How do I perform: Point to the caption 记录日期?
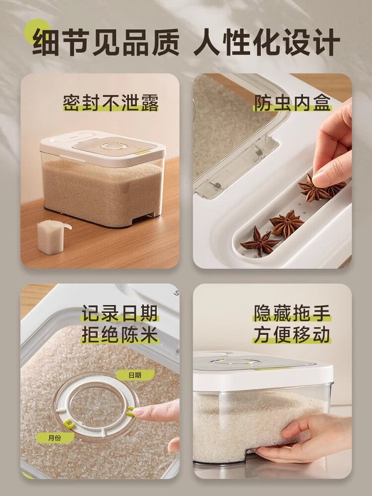point(120,313)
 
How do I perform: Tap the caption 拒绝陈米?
point(120,335)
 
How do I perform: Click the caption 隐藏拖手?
point(292,313)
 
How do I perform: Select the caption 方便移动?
point(292,335)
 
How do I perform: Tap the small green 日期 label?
point(128,375)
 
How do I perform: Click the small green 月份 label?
point(55,437)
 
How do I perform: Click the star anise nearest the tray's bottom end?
point(259,242)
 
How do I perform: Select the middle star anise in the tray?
point(287,223)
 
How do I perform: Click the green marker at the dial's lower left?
point(69,424)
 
